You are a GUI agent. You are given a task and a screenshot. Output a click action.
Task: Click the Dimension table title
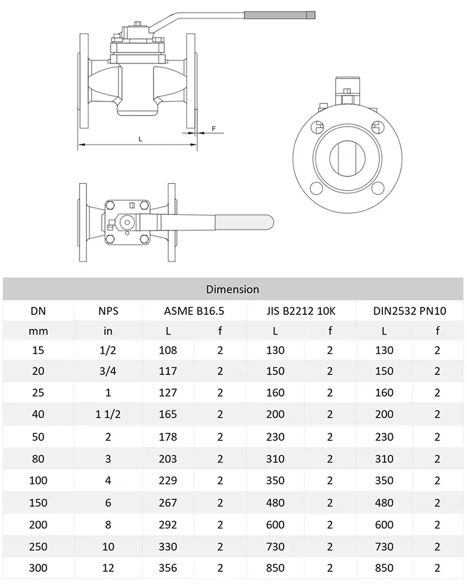[232, 290]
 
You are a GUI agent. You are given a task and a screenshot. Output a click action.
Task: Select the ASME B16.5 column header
[194, 311]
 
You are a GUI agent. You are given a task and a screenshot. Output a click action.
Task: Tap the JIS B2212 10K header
[301, 311]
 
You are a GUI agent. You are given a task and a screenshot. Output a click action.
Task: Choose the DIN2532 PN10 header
[410, 311]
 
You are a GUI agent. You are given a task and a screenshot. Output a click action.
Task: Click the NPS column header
[109, 311]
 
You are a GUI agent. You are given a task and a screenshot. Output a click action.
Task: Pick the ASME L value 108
[168, 350]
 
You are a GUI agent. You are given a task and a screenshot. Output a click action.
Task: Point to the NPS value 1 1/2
[108, 414]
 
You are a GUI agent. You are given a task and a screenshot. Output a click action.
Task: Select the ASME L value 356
[168, 568]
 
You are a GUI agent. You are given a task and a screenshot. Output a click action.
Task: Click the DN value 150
[38, 503]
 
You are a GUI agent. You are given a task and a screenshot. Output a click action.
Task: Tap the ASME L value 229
[168, 481]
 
